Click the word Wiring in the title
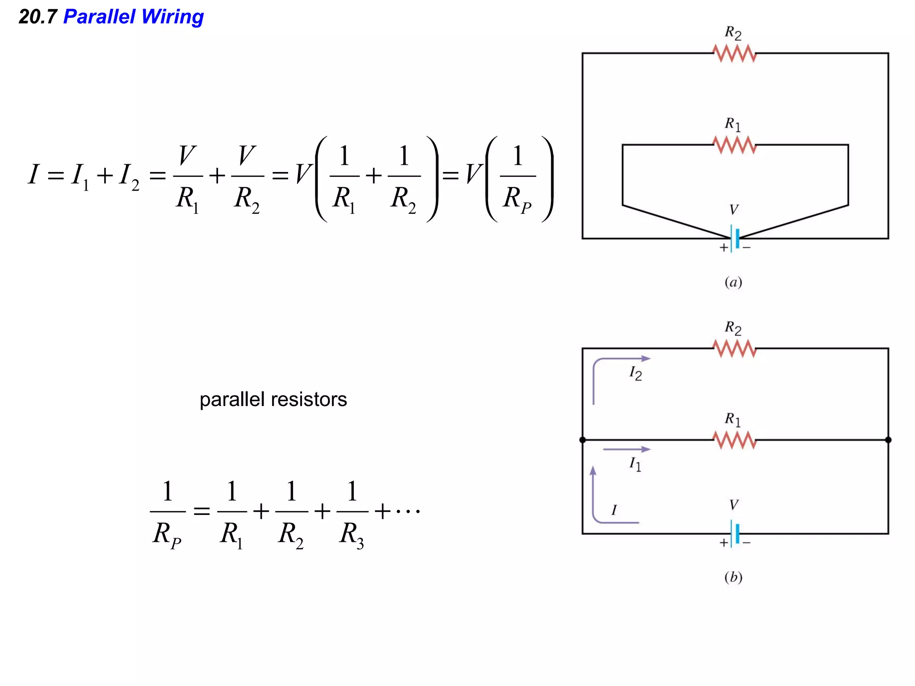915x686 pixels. pos(172,17)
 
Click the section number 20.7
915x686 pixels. pos(38,17)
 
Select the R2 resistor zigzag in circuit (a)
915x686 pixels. pos(734,54)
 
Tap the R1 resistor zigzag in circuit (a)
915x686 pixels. pos(734,145)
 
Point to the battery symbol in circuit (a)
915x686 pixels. pos(735,238)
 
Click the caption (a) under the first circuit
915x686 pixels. pos(733,282)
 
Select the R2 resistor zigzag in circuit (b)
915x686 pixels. pos(734,348)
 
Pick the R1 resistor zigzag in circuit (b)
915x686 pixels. pos(734,440)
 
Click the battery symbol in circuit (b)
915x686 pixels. pos(735,533)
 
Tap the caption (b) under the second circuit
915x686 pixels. pos(733,577)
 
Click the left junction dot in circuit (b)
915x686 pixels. pos(583,440)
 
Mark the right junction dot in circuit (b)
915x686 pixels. pos(888,440)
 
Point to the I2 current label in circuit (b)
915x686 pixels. pos(635,373)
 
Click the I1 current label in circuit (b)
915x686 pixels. pos(635,464)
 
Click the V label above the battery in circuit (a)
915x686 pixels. pos(734,209)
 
